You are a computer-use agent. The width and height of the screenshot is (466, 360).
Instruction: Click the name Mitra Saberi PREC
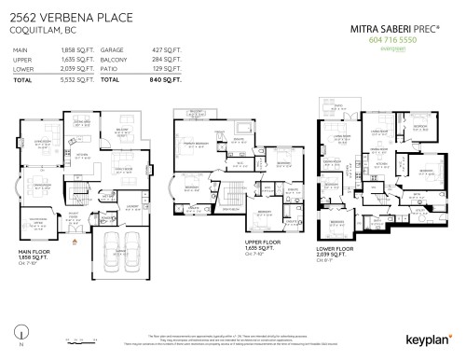point(390,29)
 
